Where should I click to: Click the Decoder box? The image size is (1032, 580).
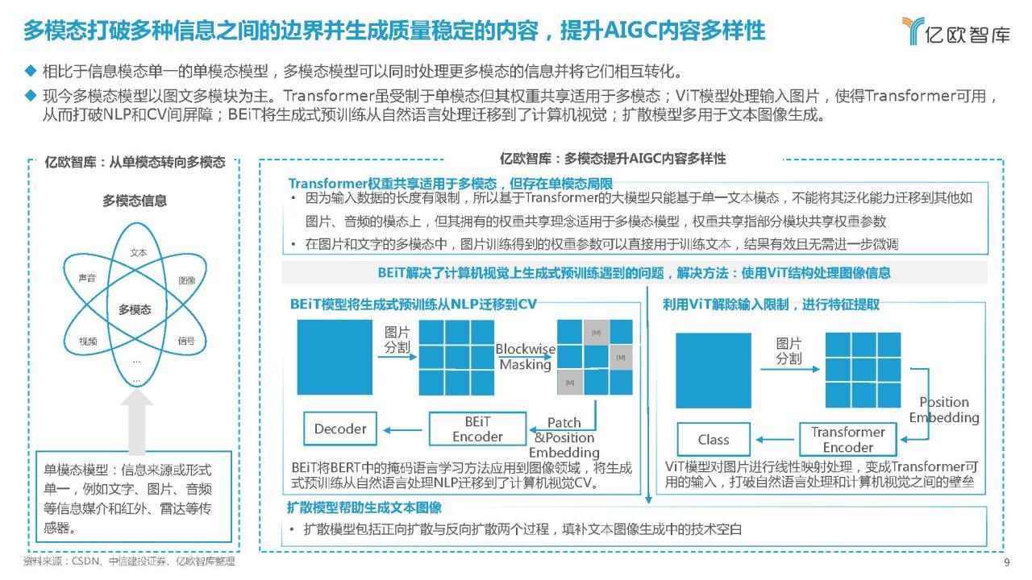click(x=340, y=429)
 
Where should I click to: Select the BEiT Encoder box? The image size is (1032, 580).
click(x=477, y=429)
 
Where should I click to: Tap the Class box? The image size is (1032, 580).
click(x=714, y=440)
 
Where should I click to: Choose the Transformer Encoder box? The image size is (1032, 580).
click(x=847, y=440)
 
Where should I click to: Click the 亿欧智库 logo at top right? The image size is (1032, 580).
click(x=955, y=31)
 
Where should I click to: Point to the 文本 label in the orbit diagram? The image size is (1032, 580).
click(x=138, y=253)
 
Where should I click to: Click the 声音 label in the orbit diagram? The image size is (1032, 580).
click(x=87, y=278)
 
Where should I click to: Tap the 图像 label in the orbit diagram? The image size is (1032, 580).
click(x=186, y=280)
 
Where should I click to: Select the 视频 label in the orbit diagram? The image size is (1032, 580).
click(x=88, y=341)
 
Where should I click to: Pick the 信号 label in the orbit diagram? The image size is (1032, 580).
click(x=186, y=341)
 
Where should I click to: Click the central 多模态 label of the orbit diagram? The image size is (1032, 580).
click(x=135, y=309)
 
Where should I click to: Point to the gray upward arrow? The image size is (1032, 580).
click(x=137, y=421)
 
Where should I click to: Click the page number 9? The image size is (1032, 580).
click(x=1007, y=562)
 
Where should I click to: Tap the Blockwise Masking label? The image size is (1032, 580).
click(x=525, y=357)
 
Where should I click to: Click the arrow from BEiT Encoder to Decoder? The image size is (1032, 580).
click(x=402, y=430)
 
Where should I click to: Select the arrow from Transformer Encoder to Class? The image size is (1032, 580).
click(x=775, y=440)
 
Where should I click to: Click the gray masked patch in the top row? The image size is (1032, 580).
click(x=596, y=333)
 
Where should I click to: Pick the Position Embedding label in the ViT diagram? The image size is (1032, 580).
click(x=944, y=410)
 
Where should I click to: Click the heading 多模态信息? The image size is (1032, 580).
click(x=135, y=201)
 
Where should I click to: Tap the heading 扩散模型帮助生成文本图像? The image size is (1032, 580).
click(x=364, y=507)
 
